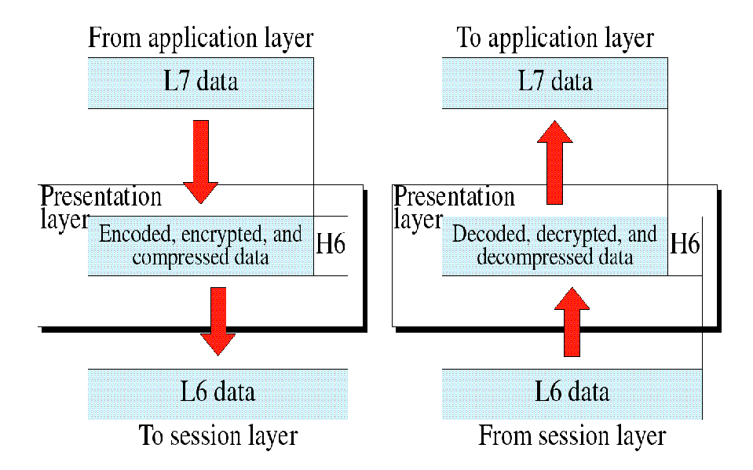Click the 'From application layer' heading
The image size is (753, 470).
pyautogui.click(x=200, y=38)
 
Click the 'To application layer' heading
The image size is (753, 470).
pyautogui.click(x=555, y=38)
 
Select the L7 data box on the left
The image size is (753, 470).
pyautogui.click(x=200, y=82)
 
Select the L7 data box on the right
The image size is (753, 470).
pyautogui.click(x=554, y=82)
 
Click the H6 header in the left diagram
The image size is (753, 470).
pyautogui.click(x=331, y=245)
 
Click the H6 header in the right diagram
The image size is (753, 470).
pyautogui.click(x=684, y=245)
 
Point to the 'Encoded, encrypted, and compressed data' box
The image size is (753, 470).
pyautogui.click(x=200, y=246)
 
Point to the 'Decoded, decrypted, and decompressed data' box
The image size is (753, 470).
pyautogui.click(x=554, y=246)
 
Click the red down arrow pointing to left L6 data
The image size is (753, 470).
pyautogui.click(x=217, y=320)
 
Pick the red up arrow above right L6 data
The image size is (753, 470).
pyautogui.click(x=571, y=322)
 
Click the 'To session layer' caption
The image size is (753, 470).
pyautogui.click(x=217, y=435)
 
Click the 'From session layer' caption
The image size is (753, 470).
pyautogui.click(x=572, y=435)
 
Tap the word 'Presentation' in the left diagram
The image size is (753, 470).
pyautogui.click(x=101, y=196)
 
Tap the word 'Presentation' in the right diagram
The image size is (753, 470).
pyautogui.click(x=454, y=196)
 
